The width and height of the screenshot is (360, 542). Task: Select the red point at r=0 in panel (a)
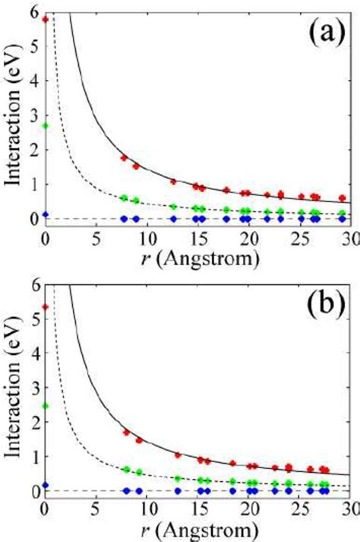(46, 19)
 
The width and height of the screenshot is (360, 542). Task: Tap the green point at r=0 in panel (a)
(46, 126)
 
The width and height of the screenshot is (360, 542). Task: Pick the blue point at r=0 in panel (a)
(46, 215)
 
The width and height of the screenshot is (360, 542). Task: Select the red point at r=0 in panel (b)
(46, 307)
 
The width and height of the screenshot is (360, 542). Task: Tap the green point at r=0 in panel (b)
(46, 405)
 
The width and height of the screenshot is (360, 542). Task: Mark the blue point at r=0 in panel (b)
(46, 485)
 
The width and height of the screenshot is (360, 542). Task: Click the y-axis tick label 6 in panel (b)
(32, 284)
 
